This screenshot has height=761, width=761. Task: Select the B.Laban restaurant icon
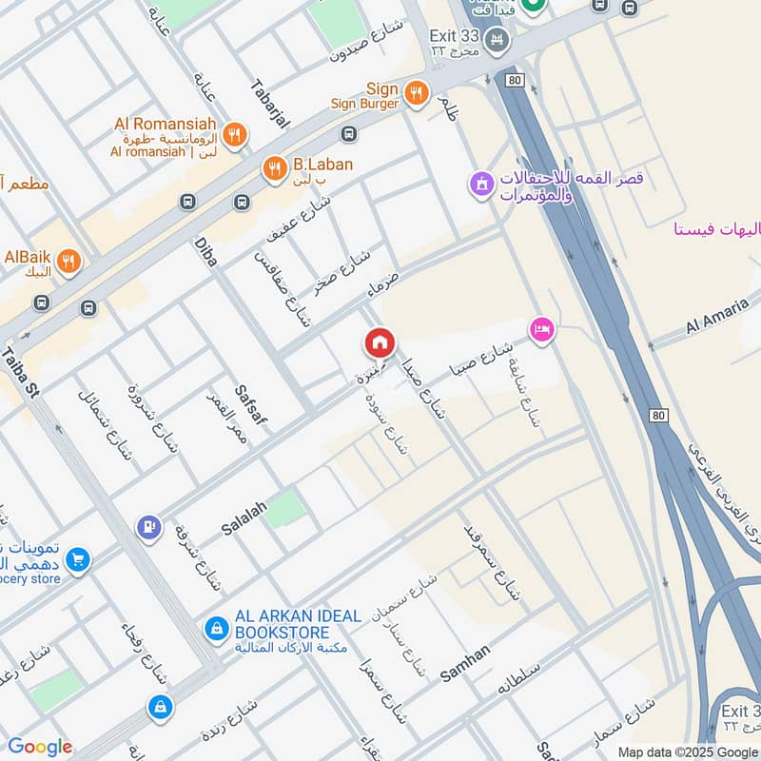point(274,167)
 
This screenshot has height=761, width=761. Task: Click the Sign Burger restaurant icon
point(415,92)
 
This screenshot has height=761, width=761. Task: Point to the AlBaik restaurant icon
point(68,262)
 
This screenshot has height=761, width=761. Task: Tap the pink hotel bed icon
point(543,330)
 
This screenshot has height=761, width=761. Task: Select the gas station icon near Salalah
point(148,526)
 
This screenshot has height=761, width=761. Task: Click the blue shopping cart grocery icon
point(78,560)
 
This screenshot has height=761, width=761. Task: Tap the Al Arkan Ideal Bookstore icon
point(217,628)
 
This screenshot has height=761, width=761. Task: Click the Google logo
point(40,747)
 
